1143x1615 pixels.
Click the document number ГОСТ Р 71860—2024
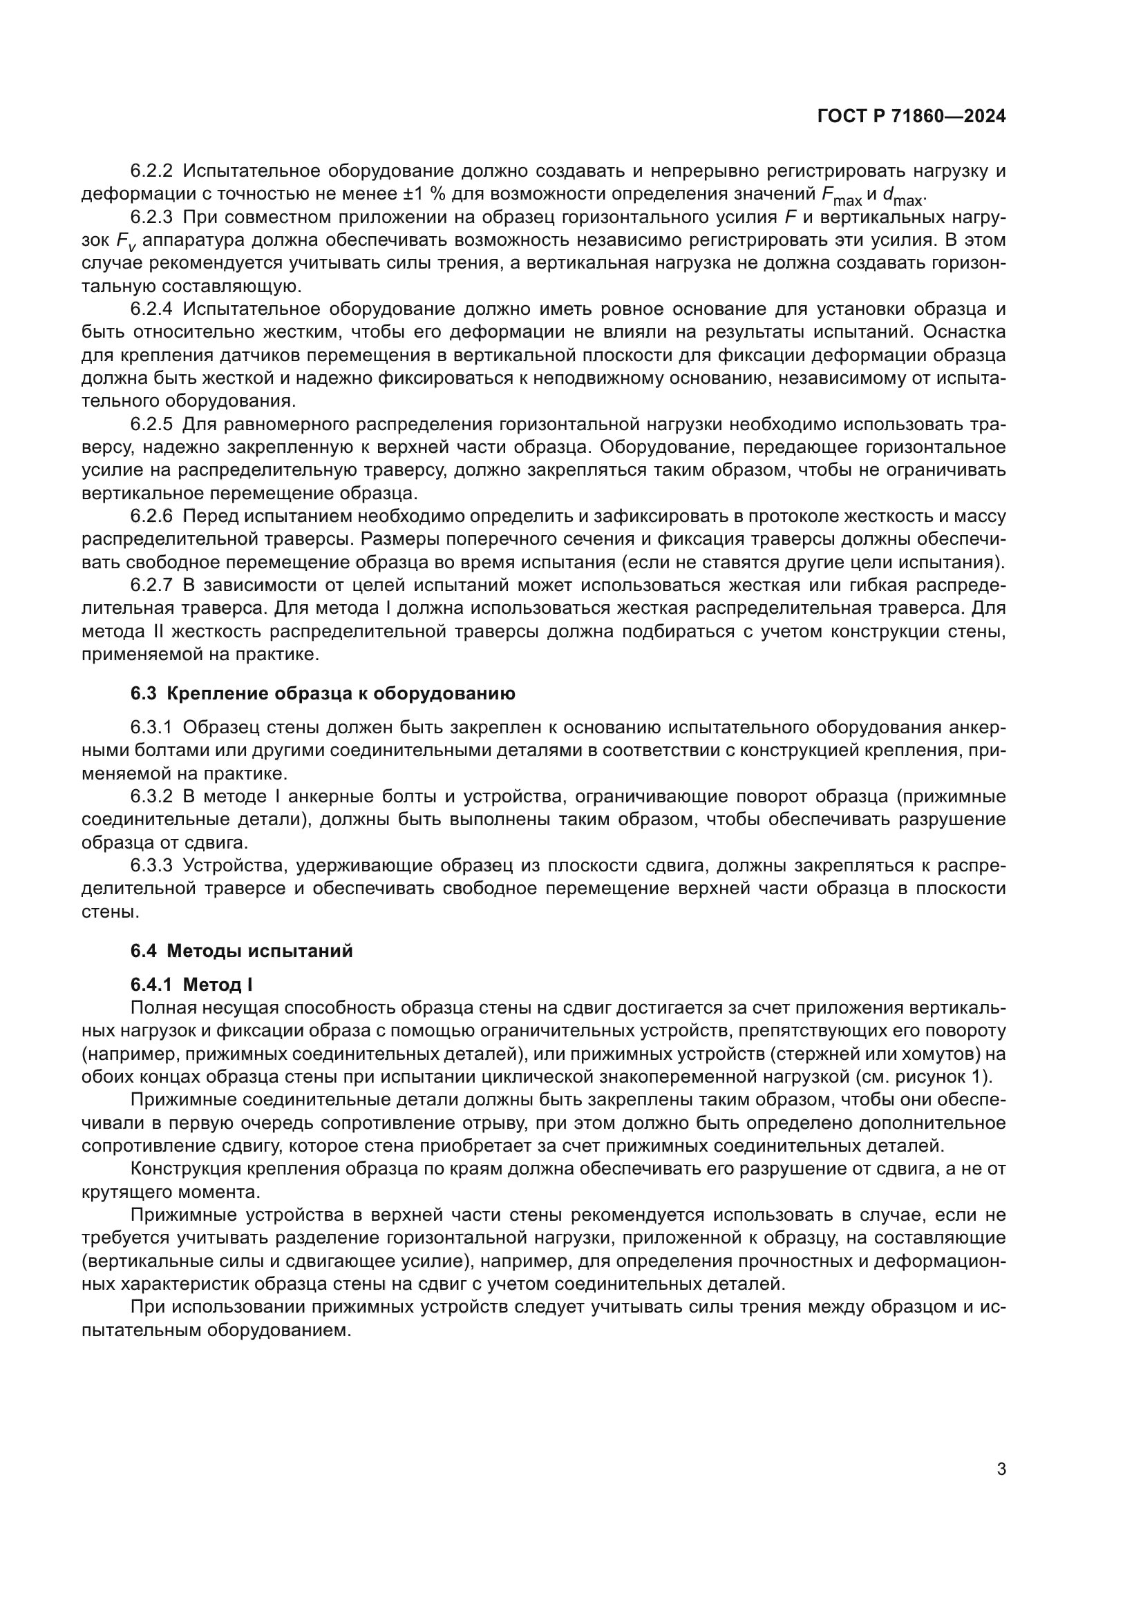911,117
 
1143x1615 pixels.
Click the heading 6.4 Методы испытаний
241,951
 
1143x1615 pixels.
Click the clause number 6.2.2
151,171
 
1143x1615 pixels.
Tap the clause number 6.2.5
151,424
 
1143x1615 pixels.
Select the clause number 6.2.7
151,586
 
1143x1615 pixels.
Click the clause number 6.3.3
151,865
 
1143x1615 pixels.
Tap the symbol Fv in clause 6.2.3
124,242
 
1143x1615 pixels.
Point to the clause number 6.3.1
151,727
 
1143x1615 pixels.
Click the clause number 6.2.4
151,309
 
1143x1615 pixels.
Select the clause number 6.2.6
151,516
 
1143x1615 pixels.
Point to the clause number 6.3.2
151,796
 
